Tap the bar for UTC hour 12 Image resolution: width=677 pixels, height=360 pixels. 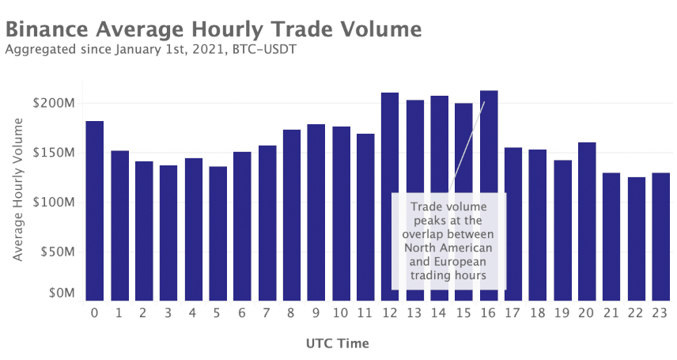point(390,196)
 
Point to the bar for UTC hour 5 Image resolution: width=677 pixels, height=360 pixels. point(217,233)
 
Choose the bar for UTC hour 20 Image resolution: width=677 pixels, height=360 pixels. point(587,221)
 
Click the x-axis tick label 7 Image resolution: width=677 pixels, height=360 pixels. point(267,313)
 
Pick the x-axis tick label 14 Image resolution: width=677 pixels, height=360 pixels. point(439,313)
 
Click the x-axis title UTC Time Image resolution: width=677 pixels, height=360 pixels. point(337,344)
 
